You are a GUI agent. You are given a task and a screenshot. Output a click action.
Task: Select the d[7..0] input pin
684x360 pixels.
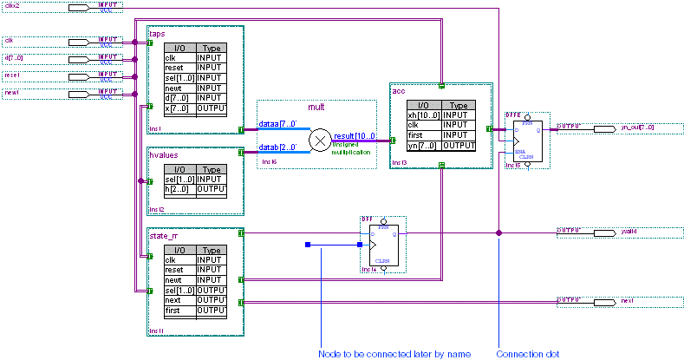(x=16, y=58)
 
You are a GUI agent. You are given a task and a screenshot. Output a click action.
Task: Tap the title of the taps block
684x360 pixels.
(x=157, y=33)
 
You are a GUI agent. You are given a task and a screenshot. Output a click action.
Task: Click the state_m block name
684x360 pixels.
(x=163, y=235)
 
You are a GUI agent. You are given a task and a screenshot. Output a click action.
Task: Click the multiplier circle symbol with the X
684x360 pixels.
(x=321, y=139)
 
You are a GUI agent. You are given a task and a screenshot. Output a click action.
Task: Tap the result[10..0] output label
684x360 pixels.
(x=354, y=137)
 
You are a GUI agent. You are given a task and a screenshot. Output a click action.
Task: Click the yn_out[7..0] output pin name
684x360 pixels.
(x=637, y=127)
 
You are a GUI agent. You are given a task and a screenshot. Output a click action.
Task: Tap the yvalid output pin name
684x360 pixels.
(x=629, y=232)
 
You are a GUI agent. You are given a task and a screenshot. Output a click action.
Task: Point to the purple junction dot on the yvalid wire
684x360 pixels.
(x=498, y=232)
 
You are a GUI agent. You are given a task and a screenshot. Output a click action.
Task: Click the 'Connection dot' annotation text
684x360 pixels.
(x=524, y=354)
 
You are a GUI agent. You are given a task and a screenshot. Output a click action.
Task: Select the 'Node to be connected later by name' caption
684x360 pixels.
(x=384, y=354)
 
